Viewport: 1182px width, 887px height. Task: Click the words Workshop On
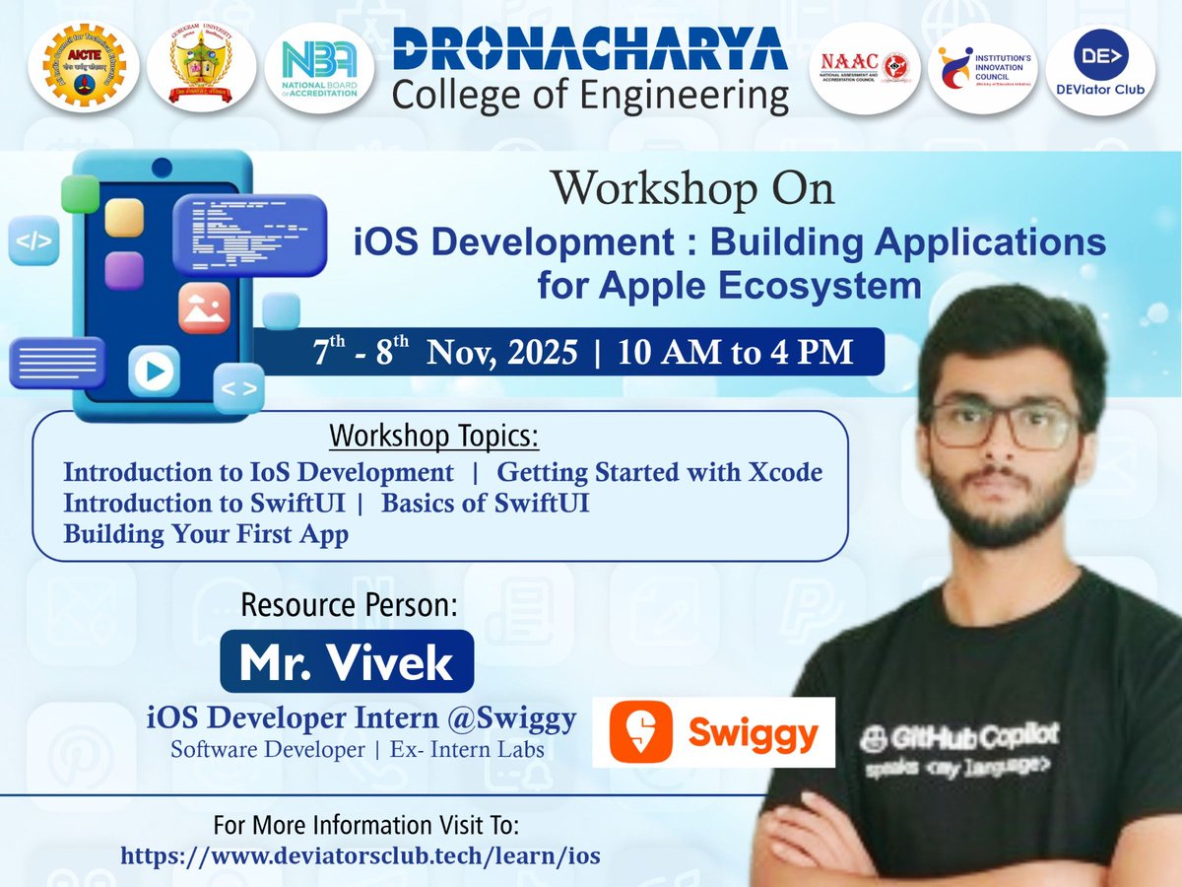coord(691,188)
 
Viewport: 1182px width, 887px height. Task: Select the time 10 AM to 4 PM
coord(736,352)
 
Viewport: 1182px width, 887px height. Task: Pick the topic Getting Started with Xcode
coord(660,472)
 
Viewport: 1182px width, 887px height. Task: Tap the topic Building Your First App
coord(206,535)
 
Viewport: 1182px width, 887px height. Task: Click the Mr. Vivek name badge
coord(347,662)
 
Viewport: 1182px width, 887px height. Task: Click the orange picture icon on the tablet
coord(204,308)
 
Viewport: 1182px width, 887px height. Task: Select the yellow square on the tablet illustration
coord(125,218)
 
